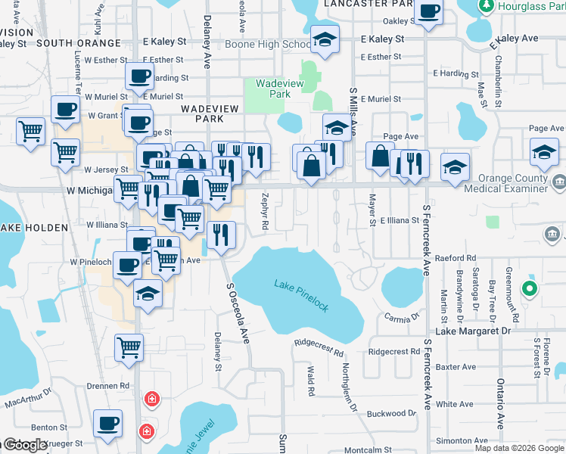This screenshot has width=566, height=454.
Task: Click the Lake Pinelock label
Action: click(301, 295)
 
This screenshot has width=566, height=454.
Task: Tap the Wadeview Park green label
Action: click(274, 89)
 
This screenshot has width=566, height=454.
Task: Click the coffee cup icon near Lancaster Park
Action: click(429, 14)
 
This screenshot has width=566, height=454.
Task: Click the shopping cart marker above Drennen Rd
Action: click(129, 348)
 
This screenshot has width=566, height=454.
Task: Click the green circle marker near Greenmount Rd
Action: click(530, 288)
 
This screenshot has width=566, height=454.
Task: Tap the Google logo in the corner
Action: click(25, 445)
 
